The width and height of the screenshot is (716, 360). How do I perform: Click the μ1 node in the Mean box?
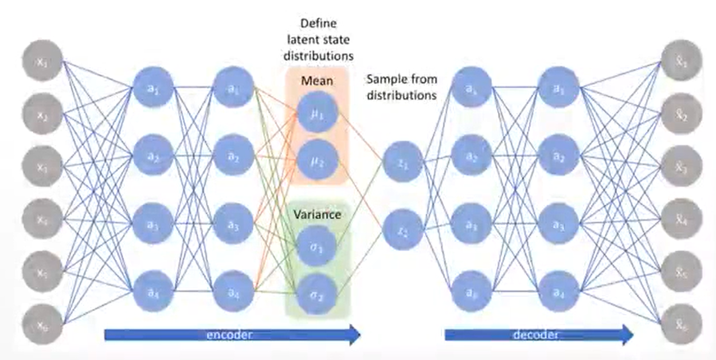click(317, 115)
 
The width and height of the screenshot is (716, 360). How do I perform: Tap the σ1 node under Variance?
click(317, 249)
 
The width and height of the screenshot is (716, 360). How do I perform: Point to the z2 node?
click(403, 232)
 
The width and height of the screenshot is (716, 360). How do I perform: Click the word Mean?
click(317, 81)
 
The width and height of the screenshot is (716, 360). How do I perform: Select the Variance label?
click(317, 215)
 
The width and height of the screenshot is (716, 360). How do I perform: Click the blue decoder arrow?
click(539, 334)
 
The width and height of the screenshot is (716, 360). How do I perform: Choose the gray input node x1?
click(43, 61)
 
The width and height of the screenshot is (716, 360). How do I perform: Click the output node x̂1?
click(681, 61)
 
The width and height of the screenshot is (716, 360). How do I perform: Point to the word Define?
click(319, 25)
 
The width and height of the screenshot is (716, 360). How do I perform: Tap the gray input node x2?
click(43, 114)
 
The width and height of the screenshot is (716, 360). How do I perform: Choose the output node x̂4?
click(681, 219)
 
